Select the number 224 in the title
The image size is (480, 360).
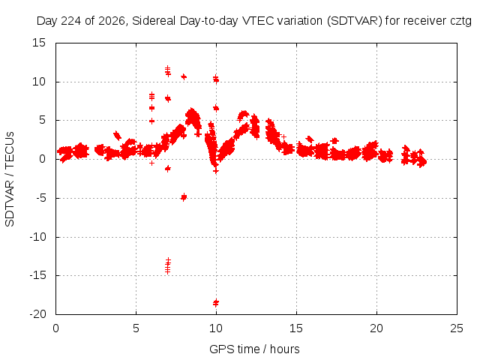[x=72, y=21]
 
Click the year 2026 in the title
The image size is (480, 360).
[x=112, y=21]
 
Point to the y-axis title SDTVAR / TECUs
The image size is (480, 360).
[x=10, y=179]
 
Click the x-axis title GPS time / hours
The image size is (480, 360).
[x=254, y=349]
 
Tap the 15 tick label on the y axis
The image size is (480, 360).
[x=39, y=43]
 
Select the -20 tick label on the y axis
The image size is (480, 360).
[x=37, y=314]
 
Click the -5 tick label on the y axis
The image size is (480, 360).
[x=40, y=198]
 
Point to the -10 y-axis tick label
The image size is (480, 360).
[x=37, y=237]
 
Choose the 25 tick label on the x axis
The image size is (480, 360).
[x=457, y=328]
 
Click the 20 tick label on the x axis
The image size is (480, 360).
[x=376, y=328]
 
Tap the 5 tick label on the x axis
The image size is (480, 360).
[x=136, y=328]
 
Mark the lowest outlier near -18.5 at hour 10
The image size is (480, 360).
[x=216, y=303]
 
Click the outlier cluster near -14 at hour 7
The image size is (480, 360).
[x=168, y=265]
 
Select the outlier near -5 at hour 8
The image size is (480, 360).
[x=184, y=197]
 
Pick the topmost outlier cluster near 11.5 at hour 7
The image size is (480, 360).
[x=168, y=71]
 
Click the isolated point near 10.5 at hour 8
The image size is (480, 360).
[x=184, y=76]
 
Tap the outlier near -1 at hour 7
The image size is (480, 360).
[x=168, y=168]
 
